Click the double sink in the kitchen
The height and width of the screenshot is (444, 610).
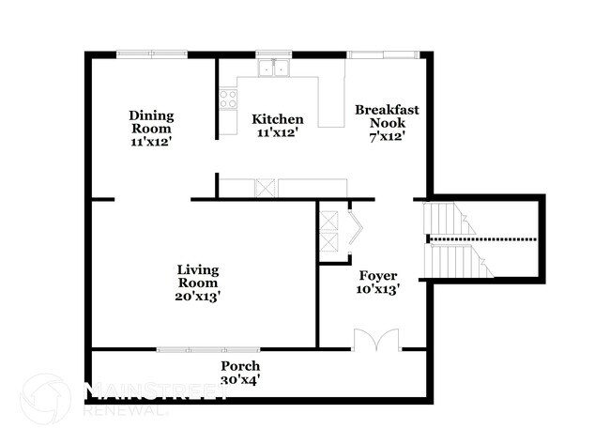[x=274, y=67]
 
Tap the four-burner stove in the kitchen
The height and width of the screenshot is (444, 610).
[x=228, y=99]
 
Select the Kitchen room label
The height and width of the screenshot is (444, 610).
[x=278, y=119]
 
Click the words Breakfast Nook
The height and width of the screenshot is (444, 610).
[x=386, y=116]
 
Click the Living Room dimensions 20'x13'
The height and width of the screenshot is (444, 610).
[x=198, y=296]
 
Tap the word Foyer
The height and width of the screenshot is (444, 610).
[x=379, y=275]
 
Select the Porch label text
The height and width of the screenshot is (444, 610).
[x=240, y=365]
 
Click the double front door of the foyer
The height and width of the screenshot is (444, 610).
[x=376, y=340]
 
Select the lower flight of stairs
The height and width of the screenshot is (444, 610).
[x=456, y=261]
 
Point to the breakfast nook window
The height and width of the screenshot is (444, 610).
[x=383, y=54]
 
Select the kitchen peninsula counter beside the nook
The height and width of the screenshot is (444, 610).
[x=331, y=103]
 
